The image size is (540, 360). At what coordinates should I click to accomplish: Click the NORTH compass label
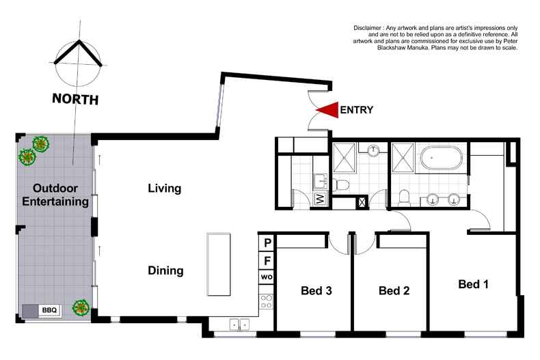click(x=75, y=99)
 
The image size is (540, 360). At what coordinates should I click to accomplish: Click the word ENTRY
click(x=356, y=110)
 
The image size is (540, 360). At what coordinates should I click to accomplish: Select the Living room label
click(x=165, y=189)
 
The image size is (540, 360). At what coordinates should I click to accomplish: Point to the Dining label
click(x=165, y=271)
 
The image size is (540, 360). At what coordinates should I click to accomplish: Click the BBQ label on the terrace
click(x=50, y=310)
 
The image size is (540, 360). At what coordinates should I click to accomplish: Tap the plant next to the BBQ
click(x=81, y=308)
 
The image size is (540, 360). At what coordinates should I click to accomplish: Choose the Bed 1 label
click(x=473, y=283)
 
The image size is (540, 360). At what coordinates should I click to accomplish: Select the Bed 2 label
click(x=394, y=291)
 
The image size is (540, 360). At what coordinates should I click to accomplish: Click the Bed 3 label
click(x=316, y=291)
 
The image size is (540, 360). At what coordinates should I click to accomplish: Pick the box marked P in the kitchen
click(x=267, y=243)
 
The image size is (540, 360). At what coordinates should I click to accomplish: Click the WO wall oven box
click(x=267, y=277)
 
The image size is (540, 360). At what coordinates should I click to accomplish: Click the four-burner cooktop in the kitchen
click(x=267, y=301)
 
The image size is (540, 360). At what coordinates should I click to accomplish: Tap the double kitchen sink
click(x=239, y=325)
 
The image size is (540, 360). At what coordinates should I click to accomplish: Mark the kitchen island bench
click(x=219, y=264)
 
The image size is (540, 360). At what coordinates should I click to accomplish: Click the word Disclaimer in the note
click(x=370, y=27)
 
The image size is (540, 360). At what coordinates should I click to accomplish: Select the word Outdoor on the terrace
click(x=55, y=189)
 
